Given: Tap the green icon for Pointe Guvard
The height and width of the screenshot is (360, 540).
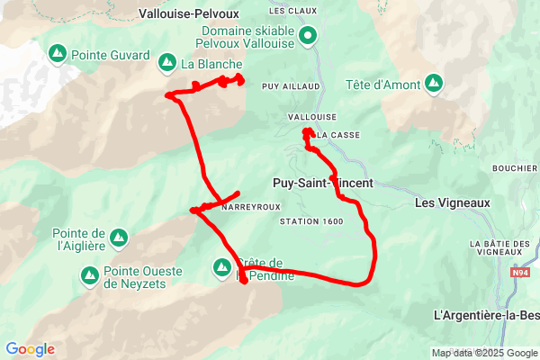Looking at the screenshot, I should (x=57, y=54).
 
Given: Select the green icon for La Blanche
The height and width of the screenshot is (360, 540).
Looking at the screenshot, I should (x=166, y=63).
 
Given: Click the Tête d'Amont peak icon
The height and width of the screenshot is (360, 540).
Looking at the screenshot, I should (x=434, y=85).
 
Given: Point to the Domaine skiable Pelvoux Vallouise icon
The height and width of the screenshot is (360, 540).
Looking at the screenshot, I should (x=308, y=37).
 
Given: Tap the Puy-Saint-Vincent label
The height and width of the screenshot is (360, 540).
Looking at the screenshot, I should (x=321, y=182).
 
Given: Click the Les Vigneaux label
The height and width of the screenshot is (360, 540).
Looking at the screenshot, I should (x=453, y=202).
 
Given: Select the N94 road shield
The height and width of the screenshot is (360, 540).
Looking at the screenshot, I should (x=520, y=271).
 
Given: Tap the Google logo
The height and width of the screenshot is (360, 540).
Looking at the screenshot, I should (x=30, y=349).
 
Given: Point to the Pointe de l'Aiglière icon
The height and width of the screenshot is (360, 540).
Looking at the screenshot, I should (x=118, y=238).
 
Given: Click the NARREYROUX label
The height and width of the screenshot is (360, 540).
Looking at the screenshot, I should (x=247, y=207).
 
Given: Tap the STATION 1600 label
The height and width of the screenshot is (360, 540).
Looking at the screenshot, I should (x=311, y=221).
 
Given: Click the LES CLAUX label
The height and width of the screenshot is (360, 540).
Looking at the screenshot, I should (x=288, y=11).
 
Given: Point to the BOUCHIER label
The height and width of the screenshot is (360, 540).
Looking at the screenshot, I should (x=515, y=168).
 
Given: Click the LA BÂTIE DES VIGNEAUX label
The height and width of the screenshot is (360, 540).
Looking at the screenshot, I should (x=500, y=248).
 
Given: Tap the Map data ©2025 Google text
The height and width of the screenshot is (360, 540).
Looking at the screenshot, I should (x=483, y=353).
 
